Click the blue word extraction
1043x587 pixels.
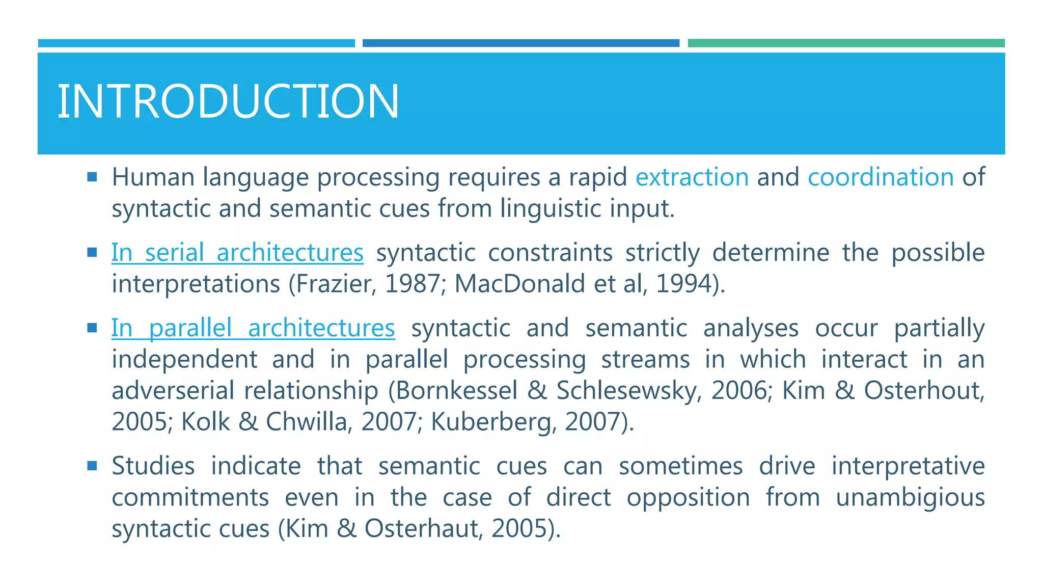[692, 177]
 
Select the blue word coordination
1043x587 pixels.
[881, 177]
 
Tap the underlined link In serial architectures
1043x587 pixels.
[237, 253]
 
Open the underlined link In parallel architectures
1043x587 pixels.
[253, 328]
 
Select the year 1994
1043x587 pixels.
[684, 284]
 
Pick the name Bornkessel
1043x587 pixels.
[456, 391]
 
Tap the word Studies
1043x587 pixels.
[153, 466]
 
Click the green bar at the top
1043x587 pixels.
[846, 43]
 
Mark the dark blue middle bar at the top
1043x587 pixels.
[520, 43]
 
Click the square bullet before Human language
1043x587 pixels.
[92, 177]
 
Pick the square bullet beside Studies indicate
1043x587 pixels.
[92, 466]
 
